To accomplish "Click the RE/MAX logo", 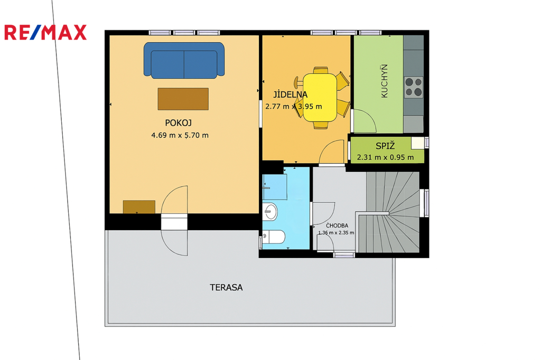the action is (x=45, y=32).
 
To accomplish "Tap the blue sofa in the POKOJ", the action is (x=184, y=60).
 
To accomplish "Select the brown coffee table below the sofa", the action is (x=183, y=99).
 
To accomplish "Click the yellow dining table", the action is (x=320, y=98).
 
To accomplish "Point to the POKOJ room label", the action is (x=179, y=123).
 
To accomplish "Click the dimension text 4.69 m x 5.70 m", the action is (x=180, y=135).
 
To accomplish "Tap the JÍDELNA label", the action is (x=290, y=94).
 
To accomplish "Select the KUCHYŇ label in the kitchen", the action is (x=384, y=81).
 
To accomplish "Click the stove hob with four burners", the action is (x=414, y=87).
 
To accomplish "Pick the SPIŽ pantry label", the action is (x=385, y=146).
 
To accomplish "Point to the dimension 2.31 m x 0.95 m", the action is (x=385, y=157).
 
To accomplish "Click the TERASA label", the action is (x=226, y=287).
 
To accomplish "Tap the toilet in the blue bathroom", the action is (x=274, y=237).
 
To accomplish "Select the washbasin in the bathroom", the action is (x=270, y=211).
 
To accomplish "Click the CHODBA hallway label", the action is (x=337, y=225).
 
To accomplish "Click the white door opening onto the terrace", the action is (x=174, y=222).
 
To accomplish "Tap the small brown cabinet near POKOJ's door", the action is (x=139, y=207).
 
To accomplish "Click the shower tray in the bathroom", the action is (x=275, y=186).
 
